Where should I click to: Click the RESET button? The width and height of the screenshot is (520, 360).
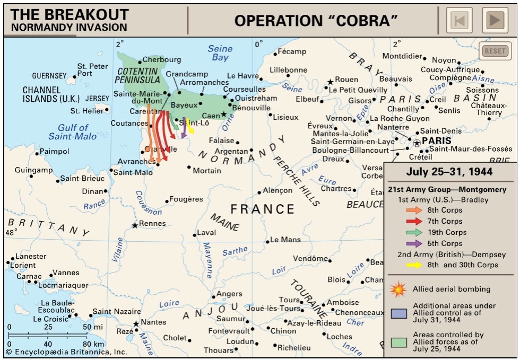[x=495, y=51]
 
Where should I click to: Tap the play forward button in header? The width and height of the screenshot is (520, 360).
[x=495, y=21]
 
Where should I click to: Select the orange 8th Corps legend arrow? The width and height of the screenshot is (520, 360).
[x=413, y=210]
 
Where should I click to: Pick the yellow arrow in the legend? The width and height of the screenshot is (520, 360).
[x=413, y=265]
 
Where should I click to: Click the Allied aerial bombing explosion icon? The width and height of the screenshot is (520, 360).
[x=398, y=289]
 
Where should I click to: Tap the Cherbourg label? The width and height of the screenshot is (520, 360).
[x=162, y=60]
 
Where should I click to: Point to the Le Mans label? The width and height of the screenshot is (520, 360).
[x=285, y=240]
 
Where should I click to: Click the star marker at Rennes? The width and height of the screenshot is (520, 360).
[x=135, y=225]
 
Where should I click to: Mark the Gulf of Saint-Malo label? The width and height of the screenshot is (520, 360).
[x=73, y=132]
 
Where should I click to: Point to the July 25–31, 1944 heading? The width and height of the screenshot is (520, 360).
[x=449, y=172]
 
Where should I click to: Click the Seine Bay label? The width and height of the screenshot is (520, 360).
[x=220, y=53]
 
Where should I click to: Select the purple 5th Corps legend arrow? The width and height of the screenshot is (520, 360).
[x=413, y=243]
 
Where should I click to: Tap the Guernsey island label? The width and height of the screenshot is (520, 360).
[x=49, y=76]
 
